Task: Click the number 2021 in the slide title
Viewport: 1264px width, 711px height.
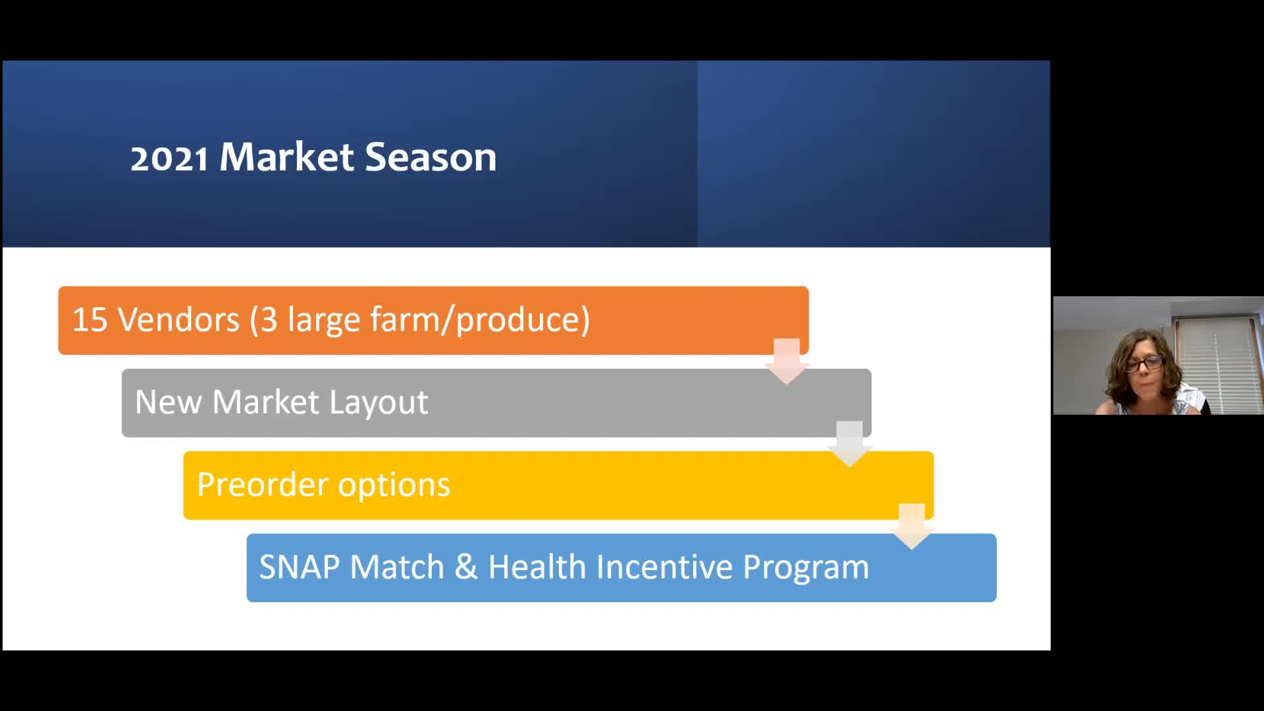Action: point(169,159)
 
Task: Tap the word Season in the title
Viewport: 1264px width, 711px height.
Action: point(431,157)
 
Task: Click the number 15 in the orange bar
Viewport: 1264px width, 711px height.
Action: point(90,320)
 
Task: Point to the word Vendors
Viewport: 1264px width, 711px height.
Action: point(178,320)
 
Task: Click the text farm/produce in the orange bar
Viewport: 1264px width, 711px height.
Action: point(480,321)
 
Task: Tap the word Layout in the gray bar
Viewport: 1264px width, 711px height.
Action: point(379,402)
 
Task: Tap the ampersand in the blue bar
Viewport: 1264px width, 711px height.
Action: point(466,567)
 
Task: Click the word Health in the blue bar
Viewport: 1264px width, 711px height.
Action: point(537,567)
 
